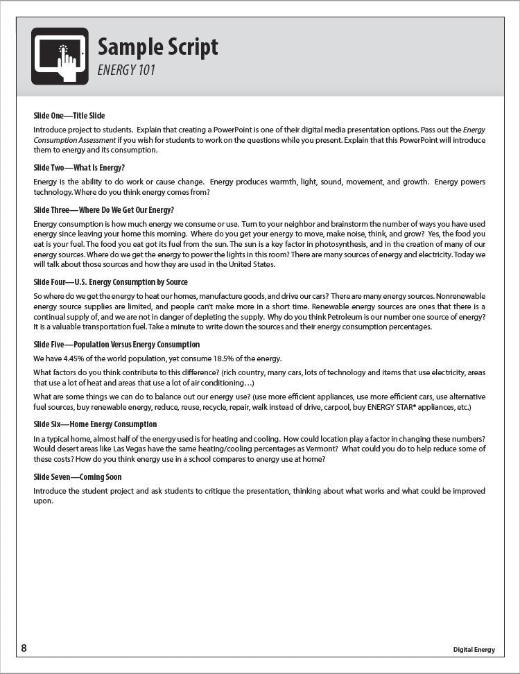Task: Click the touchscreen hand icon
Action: point(60,56)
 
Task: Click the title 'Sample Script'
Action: point(157,46)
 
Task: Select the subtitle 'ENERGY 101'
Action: point(126,70)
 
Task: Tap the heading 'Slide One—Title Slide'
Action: point(69,116)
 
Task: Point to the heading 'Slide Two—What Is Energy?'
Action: point(79,168)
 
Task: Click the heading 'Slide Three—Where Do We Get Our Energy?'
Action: point(103,210)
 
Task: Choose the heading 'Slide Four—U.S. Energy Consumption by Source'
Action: point(110,282)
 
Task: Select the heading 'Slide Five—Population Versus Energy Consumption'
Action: point(116,345)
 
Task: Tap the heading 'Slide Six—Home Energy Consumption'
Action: point(95,424)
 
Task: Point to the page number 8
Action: point(24,648)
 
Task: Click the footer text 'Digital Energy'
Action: point(474,650)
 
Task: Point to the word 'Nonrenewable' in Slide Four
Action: point(460,295)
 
